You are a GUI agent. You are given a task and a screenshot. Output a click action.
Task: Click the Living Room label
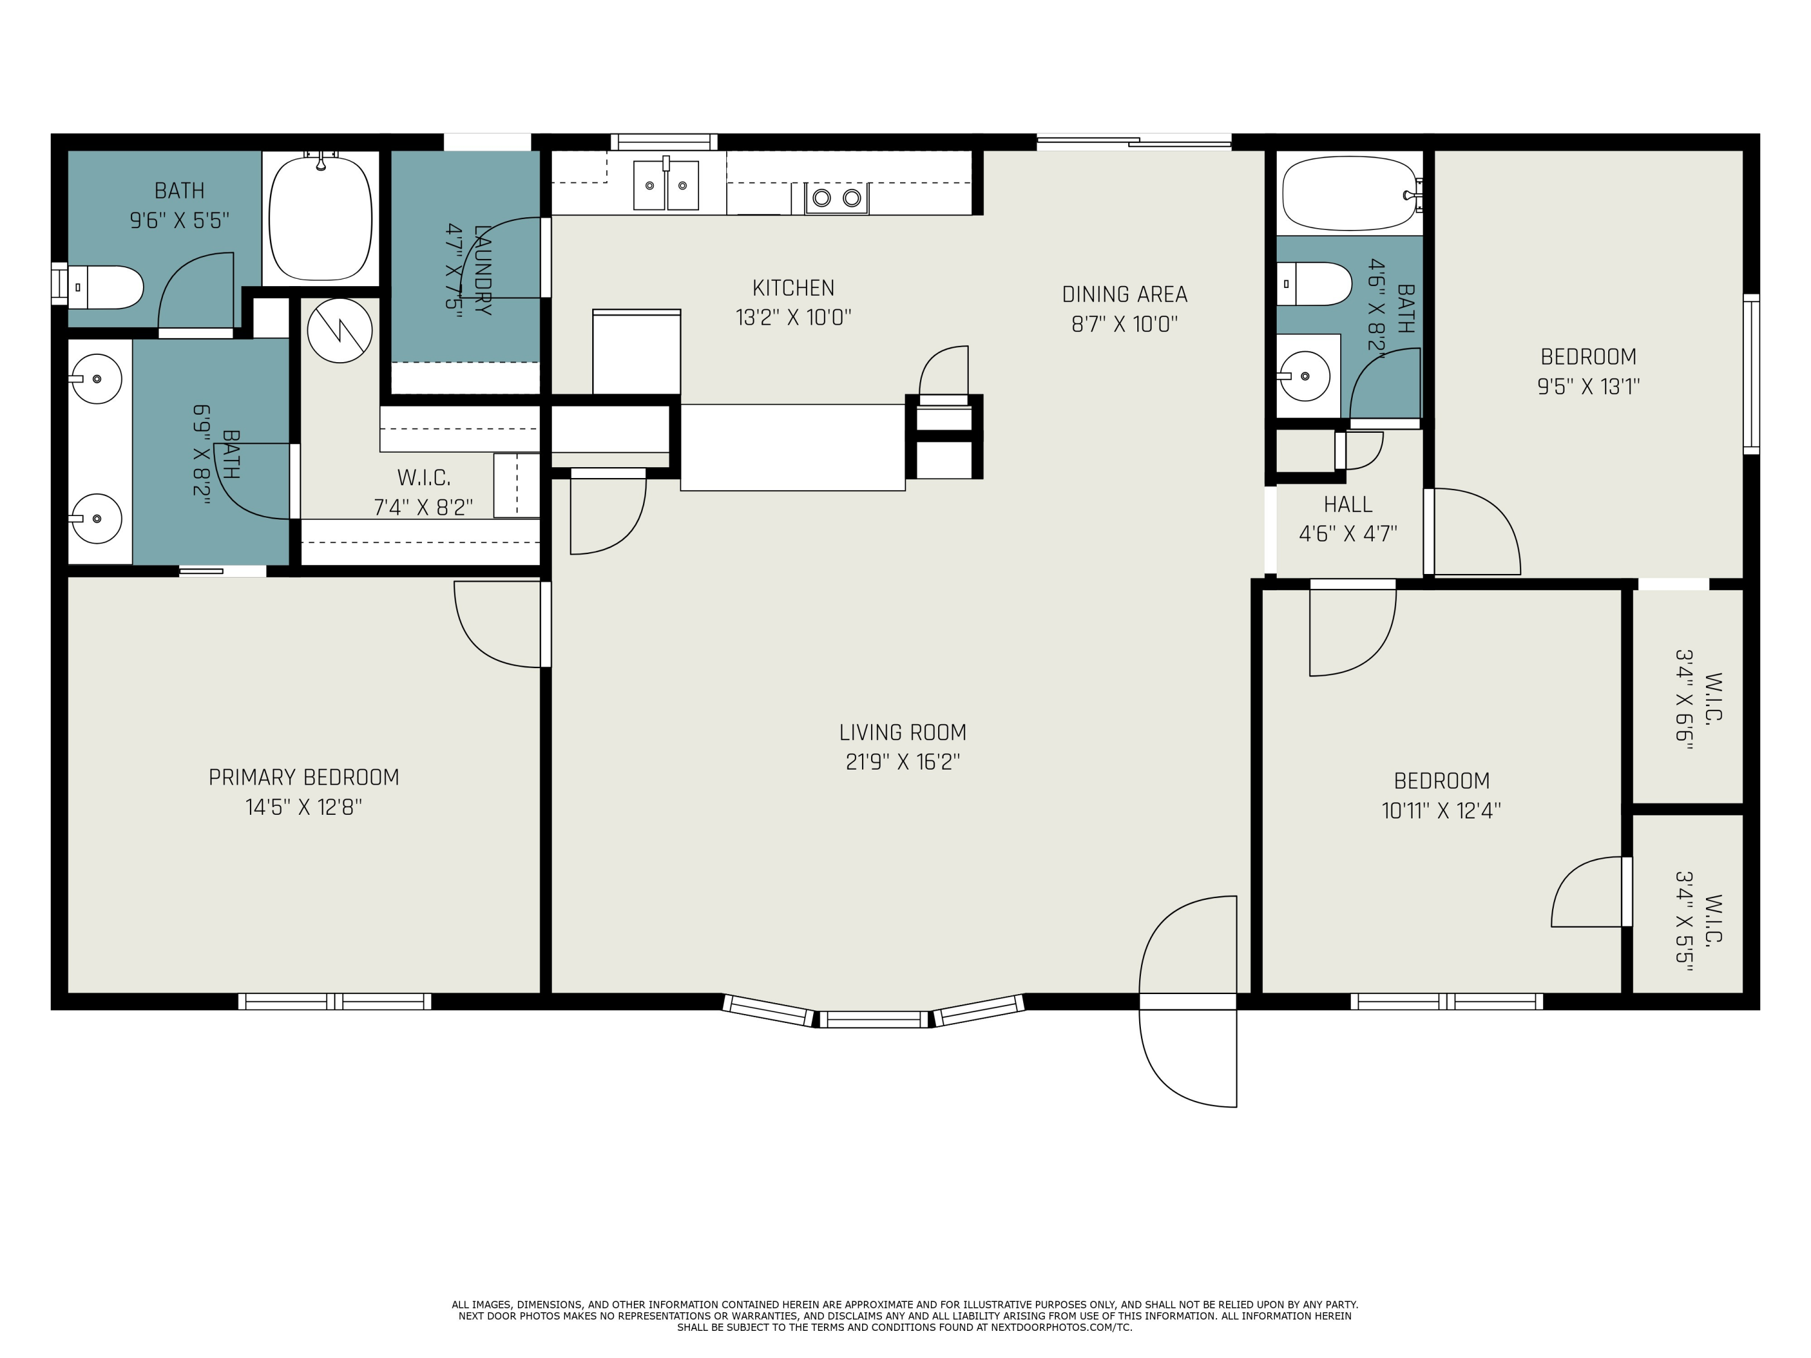pos(902,733)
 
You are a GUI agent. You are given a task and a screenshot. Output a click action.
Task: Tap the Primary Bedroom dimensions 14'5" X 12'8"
pos(304,807)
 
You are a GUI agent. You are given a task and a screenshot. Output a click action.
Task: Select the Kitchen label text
pos(793,288)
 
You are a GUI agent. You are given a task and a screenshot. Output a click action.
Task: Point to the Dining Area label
pos(1124,295)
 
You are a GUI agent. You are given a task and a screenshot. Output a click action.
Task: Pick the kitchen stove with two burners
pos(837,197)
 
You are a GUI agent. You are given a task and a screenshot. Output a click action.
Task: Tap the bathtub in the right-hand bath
pos(1349,194)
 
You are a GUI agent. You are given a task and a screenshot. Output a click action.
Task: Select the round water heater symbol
pos(340,331)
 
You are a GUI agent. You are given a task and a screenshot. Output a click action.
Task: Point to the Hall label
pos(1347,504)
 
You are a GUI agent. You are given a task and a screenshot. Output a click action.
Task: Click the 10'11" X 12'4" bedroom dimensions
pos(1441,811)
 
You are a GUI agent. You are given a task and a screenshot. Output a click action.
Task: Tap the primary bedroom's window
pos(335,1001)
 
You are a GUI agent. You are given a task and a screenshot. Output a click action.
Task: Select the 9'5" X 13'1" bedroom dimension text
pos(1588,386)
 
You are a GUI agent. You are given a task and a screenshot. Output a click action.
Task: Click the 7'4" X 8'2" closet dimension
pos(423,508)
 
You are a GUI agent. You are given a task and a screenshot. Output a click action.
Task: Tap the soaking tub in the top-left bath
pos(321,218)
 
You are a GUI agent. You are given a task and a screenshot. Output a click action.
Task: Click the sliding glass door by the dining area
pos(1134,142)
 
